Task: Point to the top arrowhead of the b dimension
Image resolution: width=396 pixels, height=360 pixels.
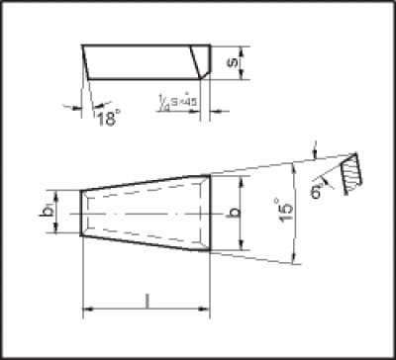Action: coord(242,180)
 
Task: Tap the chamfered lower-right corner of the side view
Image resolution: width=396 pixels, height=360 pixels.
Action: coord(204,72)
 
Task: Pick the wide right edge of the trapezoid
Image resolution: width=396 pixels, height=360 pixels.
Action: coord(210,213)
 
